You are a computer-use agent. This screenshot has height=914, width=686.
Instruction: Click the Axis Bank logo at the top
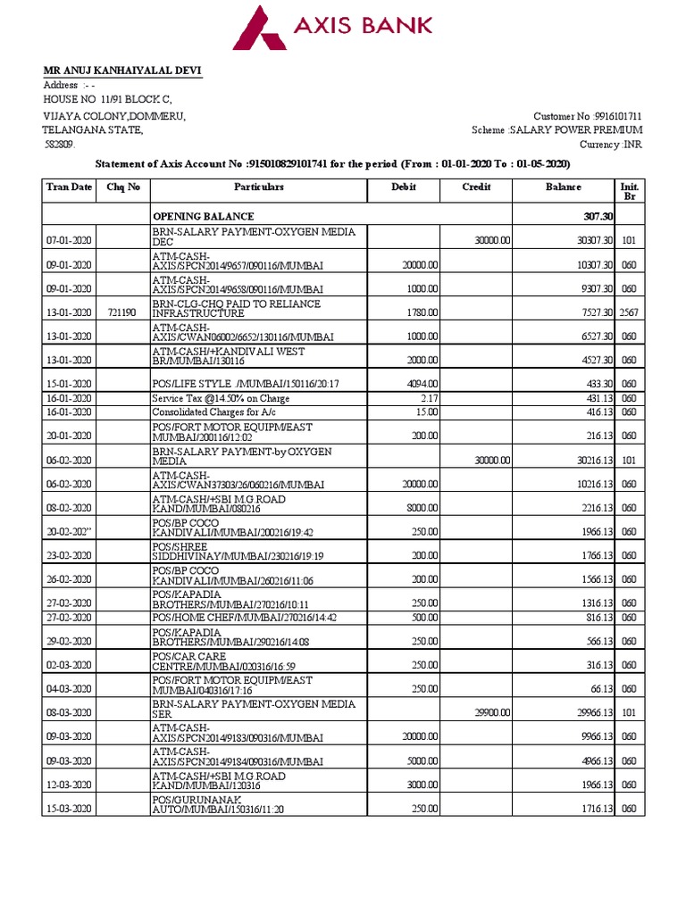click(332, 28)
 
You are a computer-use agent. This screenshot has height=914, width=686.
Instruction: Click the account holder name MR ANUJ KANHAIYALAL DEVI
click(124, 71)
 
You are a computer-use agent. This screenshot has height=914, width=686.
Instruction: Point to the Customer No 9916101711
click(587, 117)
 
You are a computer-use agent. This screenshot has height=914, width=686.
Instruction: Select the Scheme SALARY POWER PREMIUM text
click(556, 130)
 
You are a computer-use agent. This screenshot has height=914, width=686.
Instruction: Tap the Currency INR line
click(610, 145)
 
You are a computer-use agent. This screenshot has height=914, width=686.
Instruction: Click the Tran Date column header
click(69, 187)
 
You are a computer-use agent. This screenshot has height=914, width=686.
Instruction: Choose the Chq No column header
click(123, 187)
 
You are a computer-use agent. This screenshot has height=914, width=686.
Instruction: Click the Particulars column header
click(258, 187)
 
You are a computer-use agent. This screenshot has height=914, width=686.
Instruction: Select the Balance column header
click(563, 187)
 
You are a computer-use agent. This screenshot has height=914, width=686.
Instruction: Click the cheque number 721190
click(121, 312)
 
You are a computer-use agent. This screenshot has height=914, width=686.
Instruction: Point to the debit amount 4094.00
click(419, 384)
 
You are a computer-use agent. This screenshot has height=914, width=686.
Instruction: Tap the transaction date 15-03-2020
click(69, 809)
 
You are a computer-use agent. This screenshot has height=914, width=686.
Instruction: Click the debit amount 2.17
click(428, 398)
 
